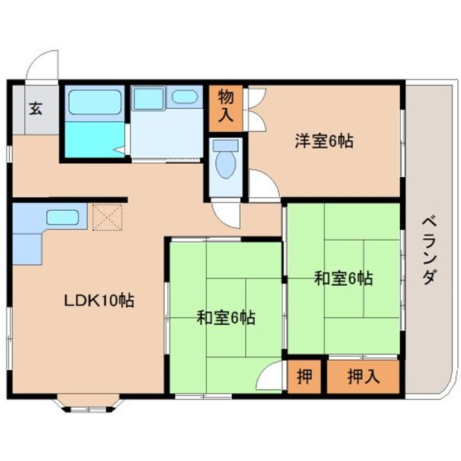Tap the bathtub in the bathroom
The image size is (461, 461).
coord(95,102)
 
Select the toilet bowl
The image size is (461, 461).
coord(226,165)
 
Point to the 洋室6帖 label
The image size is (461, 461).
coord(324,141)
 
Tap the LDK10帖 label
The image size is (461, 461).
coord(99,300)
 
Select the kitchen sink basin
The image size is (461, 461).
coord(63,217)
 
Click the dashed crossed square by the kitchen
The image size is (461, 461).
coord(108,217)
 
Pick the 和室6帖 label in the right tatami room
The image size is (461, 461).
coord(344,278)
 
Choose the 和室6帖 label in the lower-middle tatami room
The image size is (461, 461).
coord(226,318)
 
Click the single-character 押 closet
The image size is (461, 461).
coord(304,376)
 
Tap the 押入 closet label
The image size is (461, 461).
coord(364,376)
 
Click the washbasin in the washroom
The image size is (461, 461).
coord(184,97)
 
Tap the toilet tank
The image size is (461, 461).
coord(226,146)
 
